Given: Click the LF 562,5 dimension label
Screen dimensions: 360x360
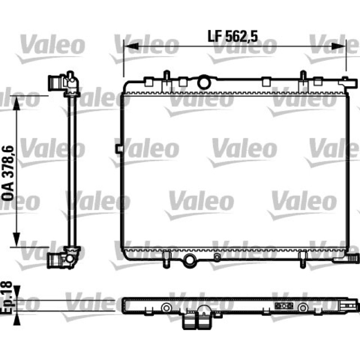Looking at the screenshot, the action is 233,36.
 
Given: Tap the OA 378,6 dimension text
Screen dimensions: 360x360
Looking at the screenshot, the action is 8,173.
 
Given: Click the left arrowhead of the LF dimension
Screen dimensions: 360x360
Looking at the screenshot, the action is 131,46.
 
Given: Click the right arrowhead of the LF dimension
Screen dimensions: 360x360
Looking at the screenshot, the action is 339,46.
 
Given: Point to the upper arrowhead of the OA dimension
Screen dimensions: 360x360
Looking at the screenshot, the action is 17,103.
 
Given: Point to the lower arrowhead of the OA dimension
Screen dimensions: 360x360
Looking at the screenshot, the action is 17,239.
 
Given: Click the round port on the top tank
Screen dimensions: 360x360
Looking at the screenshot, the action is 204,82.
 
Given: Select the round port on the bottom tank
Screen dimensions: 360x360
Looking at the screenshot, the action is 189,261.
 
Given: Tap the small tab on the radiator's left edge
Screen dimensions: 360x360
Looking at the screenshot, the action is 119,149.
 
